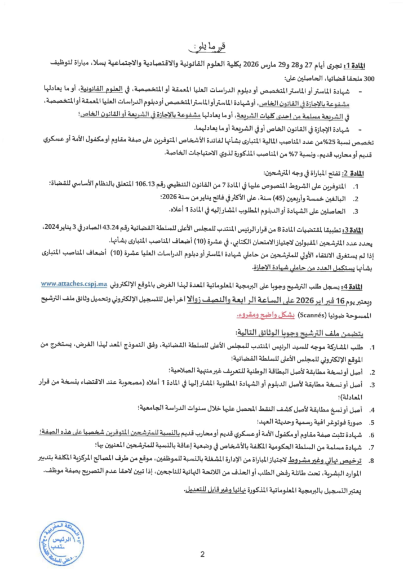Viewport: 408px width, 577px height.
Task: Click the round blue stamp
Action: point(61,539)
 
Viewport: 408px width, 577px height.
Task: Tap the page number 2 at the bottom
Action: point(202,556)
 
